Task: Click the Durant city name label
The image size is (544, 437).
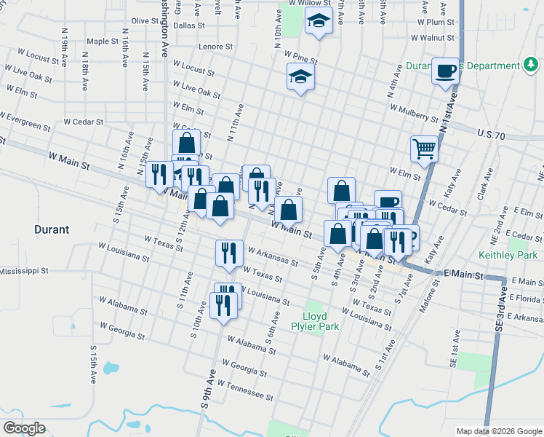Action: [x=52, y=229]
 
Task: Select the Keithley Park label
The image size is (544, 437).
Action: [x=508, y=255]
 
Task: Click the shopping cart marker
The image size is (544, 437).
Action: [x=424, y=149]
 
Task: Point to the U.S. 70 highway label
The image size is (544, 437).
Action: [x=491, y=135]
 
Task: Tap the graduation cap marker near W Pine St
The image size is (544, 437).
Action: [x=300, y=76]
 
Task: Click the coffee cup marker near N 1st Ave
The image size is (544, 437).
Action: [x=445, y=71]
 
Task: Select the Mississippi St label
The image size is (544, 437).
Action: [x=23, y=270]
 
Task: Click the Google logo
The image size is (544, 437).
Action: [x=24, y=428]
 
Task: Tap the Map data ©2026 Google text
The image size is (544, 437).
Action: [x=498, y=431]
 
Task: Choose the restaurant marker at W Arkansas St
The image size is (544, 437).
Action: [x=229, y=253]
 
